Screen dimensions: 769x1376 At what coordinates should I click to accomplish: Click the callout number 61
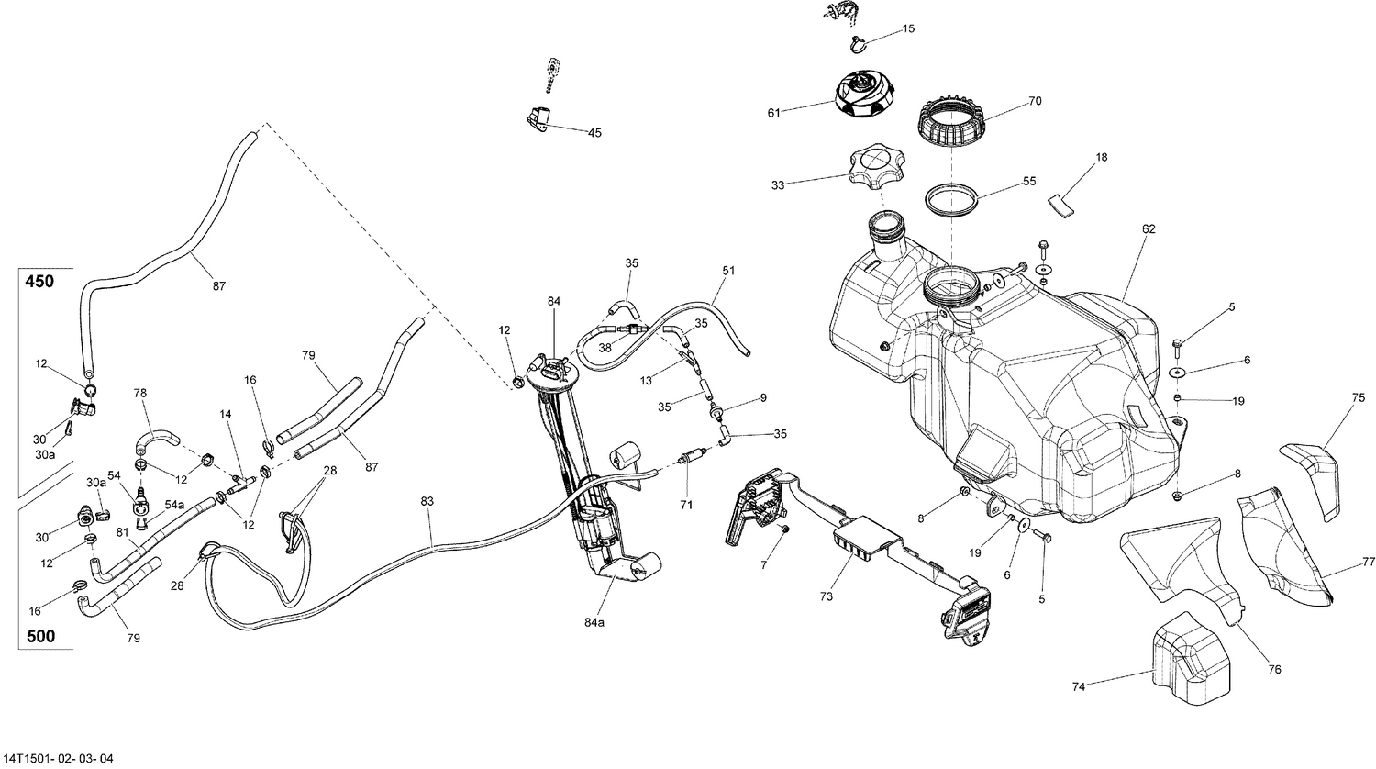[773, 113]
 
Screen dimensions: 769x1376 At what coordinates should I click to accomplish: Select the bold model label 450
[39, 282]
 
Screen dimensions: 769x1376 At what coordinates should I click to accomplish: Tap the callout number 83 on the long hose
[427, 501]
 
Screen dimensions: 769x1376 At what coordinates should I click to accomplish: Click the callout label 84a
[594, 622]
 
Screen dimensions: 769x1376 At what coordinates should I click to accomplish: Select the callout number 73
[827, 596]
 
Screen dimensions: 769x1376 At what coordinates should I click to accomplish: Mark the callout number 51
[728, 271]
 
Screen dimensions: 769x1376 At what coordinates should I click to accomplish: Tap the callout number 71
[686, 504]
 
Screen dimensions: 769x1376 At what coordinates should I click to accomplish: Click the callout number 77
[1368, 561]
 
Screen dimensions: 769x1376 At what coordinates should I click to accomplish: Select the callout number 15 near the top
[908, 29]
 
